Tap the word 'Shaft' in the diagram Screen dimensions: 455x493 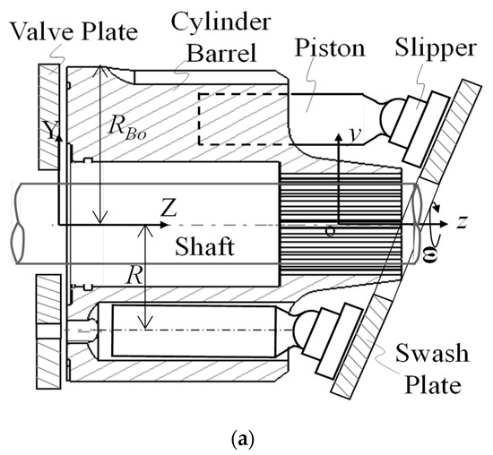tap(205, 247)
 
